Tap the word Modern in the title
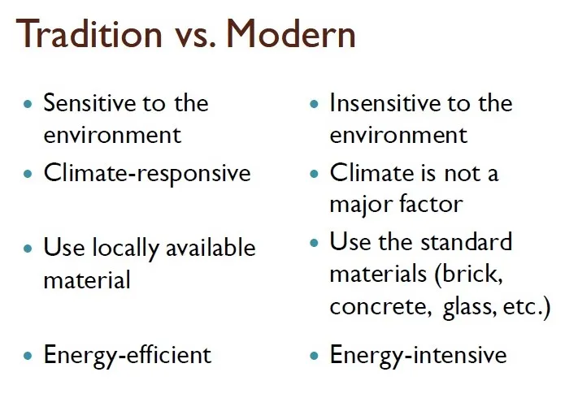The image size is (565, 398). coord(291,35)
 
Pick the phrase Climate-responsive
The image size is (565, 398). coord(146,174)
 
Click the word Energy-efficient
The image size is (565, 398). coord(127,355)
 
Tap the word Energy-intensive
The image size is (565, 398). coord(418,355)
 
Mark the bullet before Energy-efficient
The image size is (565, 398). coord(29,356)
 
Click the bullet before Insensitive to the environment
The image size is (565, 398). coord(315,105)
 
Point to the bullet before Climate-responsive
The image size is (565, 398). coord(29,174)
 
